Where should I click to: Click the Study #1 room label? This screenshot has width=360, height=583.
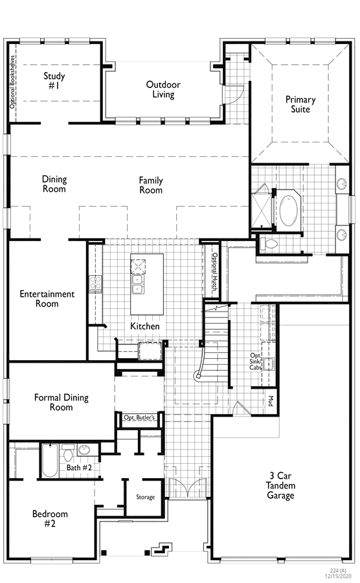pos(54,81)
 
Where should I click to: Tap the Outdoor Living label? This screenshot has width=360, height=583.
pos(163,89)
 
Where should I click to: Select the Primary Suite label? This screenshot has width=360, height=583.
pos(300,104)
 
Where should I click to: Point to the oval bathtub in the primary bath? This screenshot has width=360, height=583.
pos(288,211)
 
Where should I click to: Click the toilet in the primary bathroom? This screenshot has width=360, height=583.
pos(269,244)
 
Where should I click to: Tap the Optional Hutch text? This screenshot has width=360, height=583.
pos(215,272)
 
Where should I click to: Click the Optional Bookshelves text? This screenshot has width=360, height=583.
pos(13,82)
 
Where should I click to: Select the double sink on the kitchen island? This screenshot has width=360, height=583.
pos(137,285)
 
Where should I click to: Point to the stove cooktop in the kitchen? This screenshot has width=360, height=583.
pos(95,284)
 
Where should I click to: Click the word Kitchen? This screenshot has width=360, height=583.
pos(145,326)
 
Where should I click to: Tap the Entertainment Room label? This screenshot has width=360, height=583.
pos(47,299)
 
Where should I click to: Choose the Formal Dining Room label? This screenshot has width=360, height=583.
pos(62,402)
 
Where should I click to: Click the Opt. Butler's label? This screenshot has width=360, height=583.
pos(139,418)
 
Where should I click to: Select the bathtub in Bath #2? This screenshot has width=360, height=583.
pos(49,461)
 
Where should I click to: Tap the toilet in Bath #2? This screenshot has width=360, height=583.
pos(68,453)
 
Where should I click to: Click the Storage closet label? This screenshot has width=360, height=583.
pos(145,497)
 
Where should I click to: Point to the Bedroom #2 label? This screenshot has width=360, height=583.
pos(50,519)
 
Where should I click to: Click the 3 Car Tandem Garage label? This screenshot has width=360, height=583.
pos(280,485)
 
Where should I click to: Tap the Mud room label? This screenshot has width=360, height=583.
pos(271,401)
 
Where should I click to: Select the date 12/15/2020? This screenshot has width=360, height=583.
pos(337,576)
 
